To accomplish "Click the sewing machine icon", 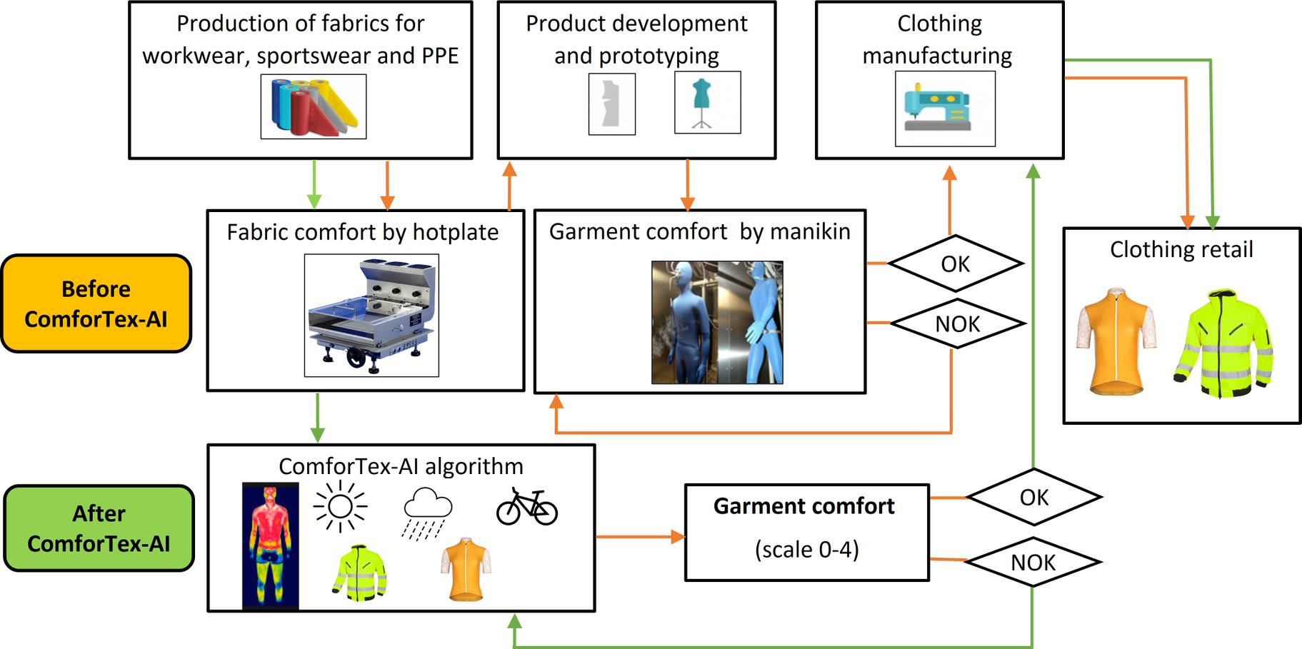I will click(944, 108).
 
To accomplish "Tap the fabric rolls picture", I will click(313, 106).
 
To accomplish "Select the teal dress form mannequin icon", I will click(707, 102).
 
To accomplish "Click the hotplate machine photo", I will click(371, 315).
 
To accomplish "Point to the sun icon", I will click(340, 507).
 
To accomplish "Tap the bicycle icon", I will click(527, 507).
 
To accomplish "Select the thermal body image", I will click(270, 546).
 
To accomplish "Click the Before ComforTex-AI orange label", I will click(96, 303).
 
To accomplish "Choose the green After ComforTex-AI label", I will click(99, 528).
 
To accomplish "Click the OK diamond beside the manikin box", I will click(956, 264).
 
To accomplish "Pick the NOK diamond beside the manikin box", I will click(957, 324).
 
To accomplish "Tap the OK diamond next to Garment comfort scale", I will click(1033, 497).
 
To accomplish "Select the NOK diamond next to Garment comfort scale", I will click(1033, 563).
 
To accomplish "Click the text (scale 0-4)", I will click(806, 550).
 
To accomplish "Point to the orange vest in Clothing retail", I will click(1116, 341).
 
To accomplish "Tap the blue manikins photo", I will click(717, 322).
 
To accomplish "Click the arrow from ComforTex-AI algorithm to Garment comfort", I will click(640, 536).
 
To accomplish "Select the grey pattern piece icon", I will click(611, 104).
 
